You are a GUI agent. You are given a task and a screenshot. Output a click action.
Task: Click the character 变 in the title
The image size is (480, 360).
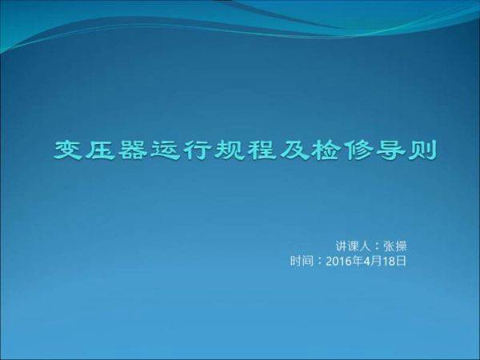point(69,150)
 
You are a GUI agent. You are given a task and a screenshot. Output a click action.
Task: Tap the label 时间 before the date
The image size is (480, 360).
point(302,261)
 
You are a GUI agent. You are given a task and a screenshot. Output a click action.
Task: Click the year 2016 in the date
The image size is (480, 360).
point(339,261)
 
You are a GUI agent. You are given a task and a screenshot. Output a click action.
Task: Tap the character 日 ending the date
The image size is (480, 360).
point(402,261)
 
